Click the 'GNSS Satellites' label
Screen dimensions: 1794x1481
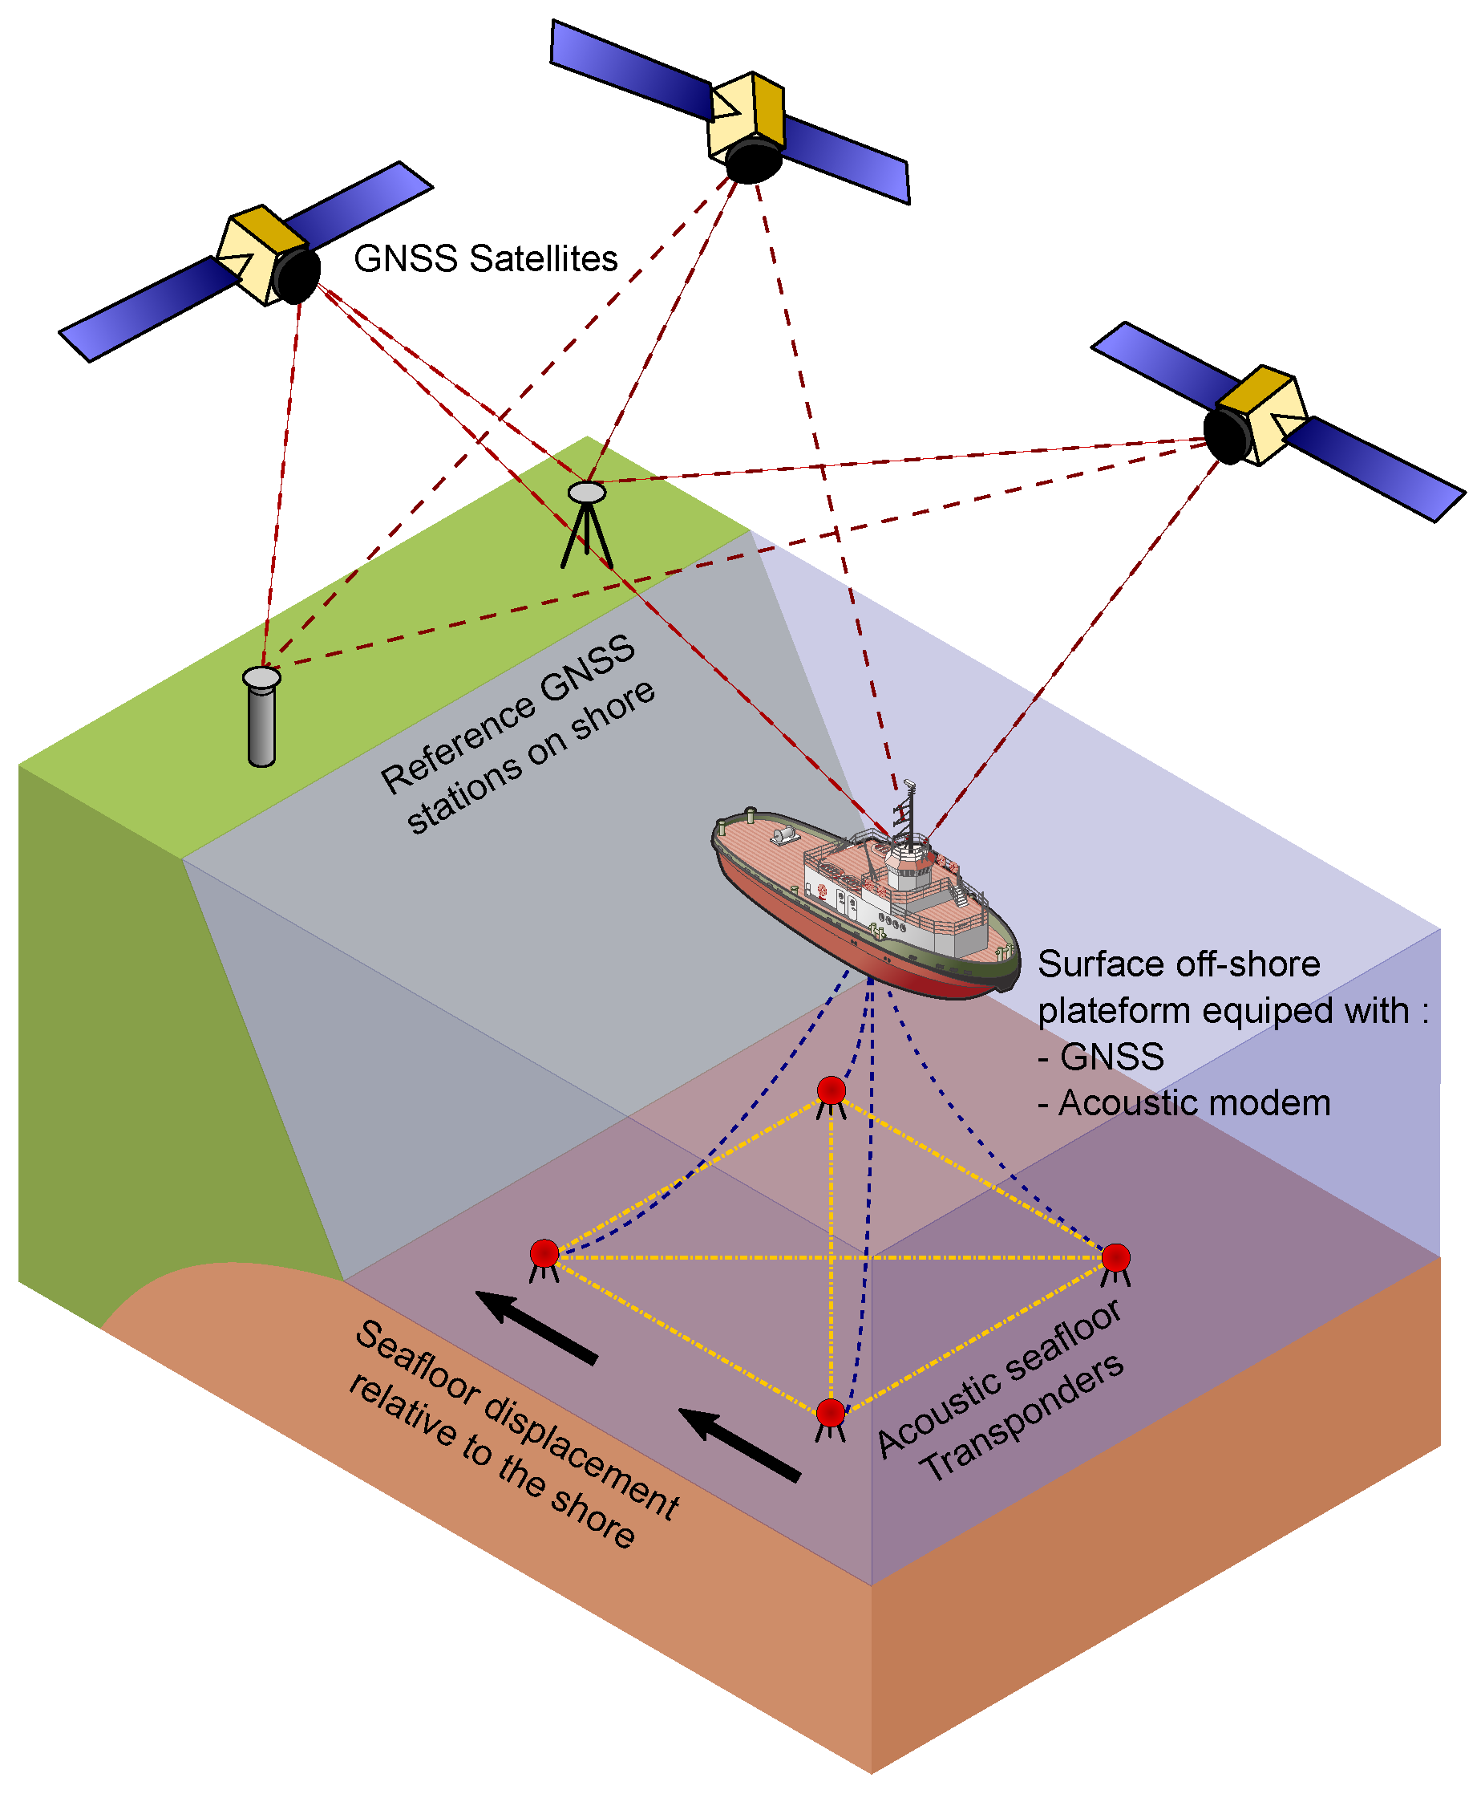tap(484, 258)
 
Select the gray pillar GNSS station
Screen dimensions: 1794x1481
tap(261, 719)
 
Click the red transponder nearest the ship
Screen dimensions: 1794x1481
tap(831, 1090)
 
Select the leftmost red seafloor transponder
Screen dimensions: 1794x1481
tap(544, 1253)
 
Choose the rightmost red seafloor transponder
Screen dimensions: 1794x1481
tap(1115, 1257)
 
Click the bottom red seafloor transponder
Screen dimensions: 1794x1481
tap(830, 1413)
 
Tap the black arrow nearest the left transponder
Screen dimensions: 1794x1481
tap(536, 1327)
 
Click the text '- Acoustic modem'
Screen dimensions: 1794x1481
tap(1184, 1103)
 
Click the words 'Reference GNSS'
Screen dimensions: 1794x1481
tap(508, 712)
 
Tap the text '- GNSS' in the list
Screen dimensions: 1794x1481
tap(1100, 1057)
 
